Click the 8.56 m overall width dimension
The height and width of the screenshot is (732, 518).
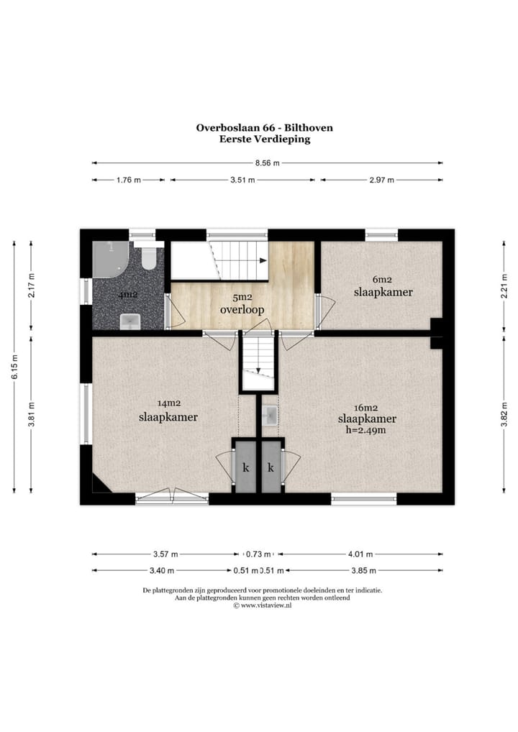[x=267, y=163]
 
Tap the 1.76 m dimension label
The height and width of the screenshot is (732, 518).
[x=129, y=180]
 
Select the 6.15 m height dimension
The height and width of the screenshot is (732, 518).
[x=14, y=367]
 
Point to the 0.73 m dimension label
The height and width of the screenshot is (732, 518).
[x=258, y=554]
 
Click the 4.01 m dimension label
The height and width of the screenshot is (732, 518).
[x=360, y=554]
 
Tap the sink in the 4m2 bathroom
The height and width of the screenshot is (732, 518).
[x=129, y=321]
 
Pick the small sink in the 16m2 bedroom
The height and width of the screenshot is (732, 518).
[x=271, y=415]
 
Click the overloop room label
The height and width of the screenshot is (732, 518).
[x=242, y=309]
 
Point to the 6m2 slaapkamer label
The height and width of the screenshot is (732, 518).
[x=383, y=286]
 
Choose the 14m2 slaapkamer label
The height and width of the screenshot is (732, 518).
[x=168, y=411]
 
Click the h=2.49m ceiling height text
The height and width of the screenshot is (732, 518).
[x=365, y=430]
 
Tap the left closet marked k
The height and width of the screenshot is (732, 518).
[x=245, y=467]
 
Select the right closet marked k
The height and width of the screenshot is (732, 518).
[x=271, y=467]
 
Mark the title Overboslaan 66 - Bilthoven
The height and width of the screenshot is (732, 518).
[x=264, y=127]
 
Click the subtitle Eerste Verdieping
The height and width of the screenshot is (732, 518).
[x=265, y=139]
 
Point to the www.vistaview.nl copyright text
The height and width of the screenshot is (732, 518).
[x=263, y=605]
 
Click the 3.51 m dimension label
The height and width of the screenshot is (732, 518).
[x=242, y=180]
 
